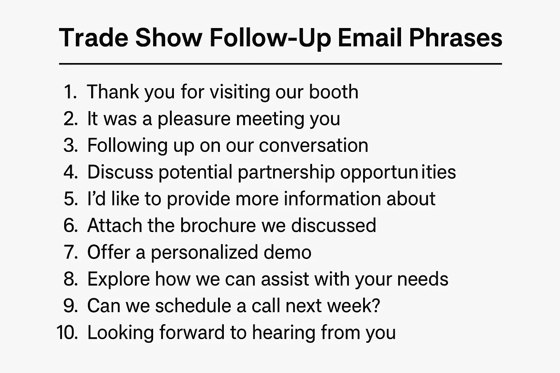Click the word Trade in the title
pyautogui.click(x=94, y=38)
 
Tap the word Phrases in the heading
pyautogui.click(x=455, y=38)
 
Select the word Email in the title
pyautogui.click(x=370, y=38)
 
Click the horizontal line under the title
pyautogui.click(x=280, y=64)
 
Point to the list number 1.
pyautogui.click(x=70, y=92)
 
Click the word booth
pyautogui.click(x=334, y=91)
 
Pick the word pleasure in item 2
pyautogui.click(x=194, y=119)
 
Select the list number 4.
pyautogui.click(x=71, y=172)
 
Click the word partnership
pyautogui.click(x=286, y=172)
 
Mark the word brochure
pyautogui.click(x=218, y=225)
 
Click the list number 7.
pyautogui.click(x=71, y=252)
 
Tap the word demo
pyautogui.click(x=288, y=252)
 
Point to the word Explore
pyautogui.click(x=118, y=279)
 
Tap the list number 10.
pyautogui.click(x=67, y=332)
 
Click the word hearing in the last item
pyautogui.click(x=284, y=333)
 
